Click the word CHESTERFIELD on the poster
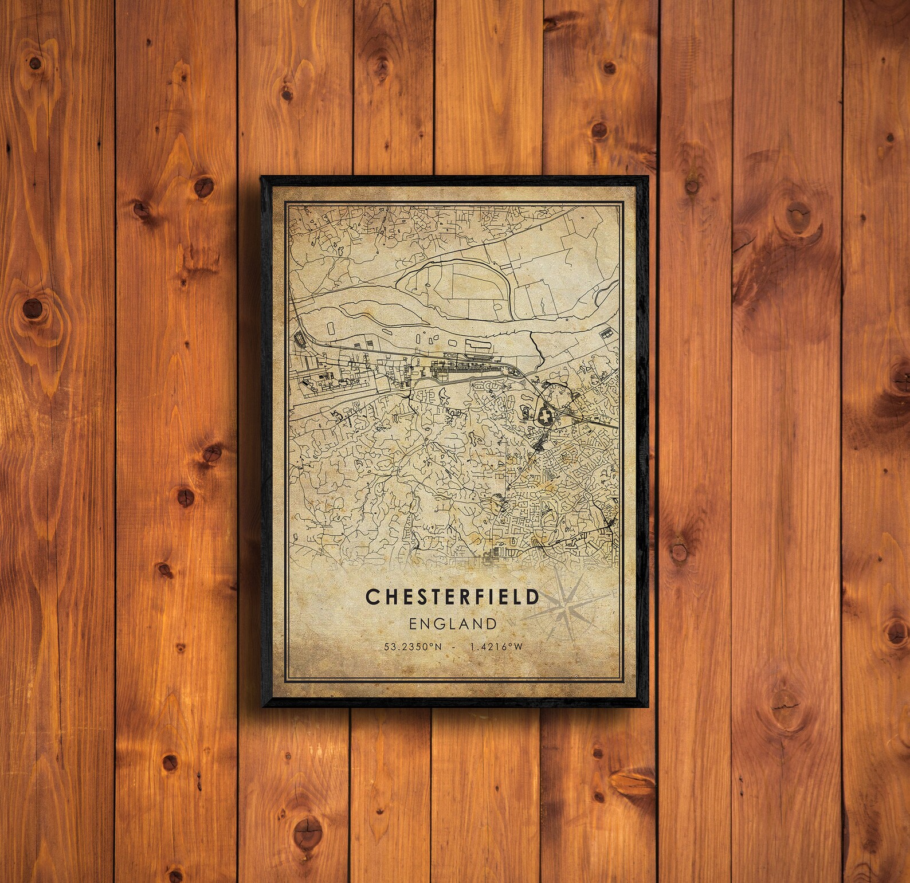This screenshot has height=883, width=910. pos(452,596)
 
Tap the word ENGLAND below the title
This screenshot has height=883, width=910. pos(452,623)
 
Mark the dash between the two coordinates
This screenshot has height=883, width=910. pos(453,647)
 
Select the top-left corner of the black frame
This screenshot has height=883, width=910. pos(261,177)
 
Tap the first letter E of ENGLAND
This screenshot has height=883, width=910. pos(413,623)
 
